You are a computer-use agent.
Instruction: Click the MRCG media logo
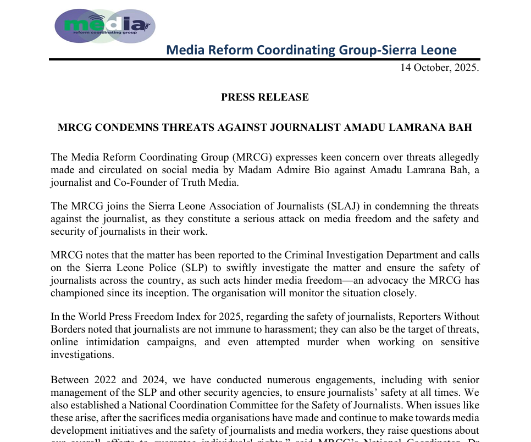click(105, 25)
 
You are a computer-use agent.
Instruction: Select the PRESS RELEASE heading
click(265, 97)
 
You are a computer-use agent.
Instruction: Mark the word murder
click(320, 342)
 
